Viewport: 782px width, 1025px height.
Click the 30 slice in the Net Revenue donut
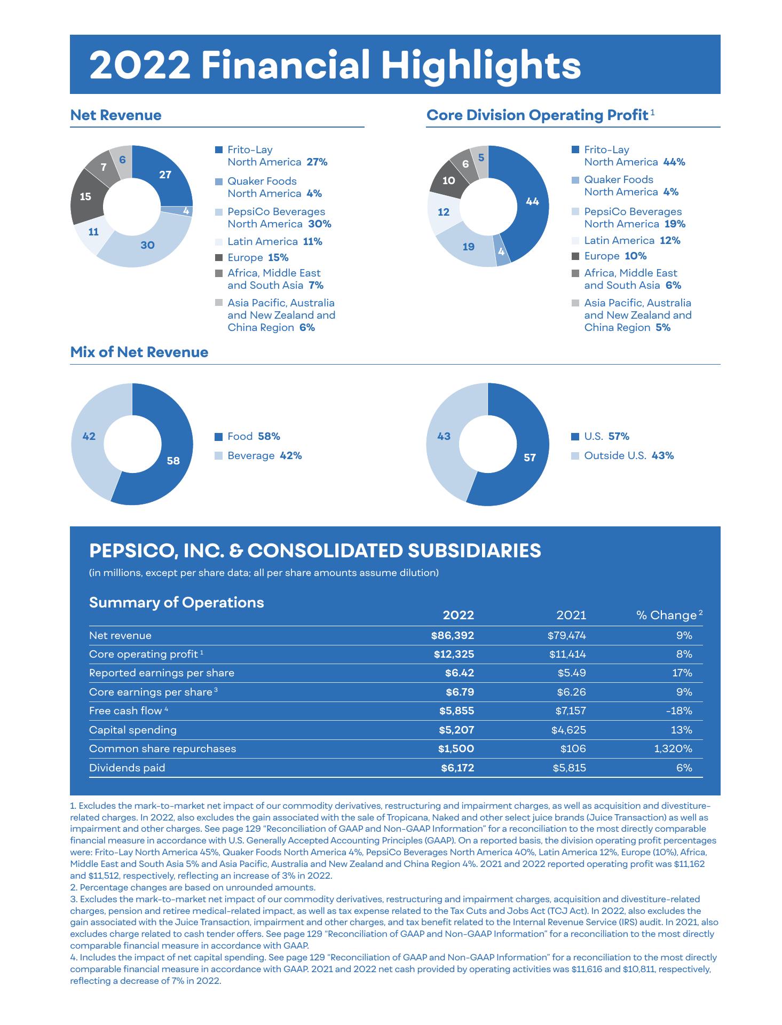[147, 245]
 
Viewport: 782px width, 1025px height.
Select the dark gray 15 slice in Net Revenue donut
[85, 196]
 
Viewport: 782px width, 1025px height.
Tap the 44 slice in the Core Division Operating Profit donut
[532, 202]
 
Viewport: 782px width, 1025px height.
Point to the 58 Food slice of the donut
[172, 460]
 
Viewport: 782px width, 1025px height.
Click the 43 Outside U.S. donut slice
[444, 437]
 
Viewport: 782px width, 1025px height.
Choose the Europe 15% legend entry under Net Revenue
[258, 258]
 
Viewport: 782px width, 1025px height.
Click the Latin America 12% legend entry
[632, 241]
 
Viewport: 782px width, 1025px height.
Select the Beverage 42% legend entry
[264, 456]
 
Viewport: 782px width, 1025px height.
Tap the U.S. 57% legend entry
[606, 437]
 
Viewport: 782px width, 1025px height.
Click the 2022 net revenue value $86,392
[453, 635]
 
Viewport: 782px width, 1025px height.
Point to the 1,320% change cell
[673, 748]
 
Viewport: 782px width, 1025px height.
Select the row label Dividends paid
[127, 768]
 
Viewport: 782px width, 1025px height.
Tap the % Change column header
[667, 616]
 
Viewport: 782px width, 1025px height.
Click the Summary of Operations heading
[176, 603]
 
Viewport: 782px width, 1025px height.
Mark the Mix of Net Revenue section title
[139, 352]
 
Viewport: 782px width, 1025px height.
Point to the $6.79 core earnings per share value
[460, 692]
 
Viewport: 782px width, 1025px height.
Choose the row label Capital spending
[133, 730]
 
